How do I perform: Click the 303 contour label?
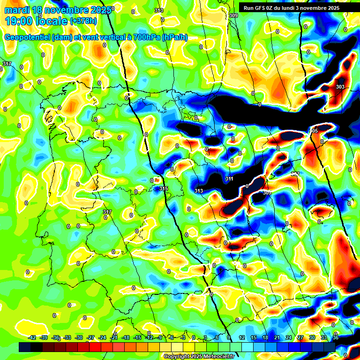coord(340,87)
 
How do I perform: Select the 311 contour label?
coord(229,179)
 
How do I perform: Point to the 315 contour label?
coord(164,188)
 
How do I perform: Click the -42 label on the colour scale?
coord(32,337)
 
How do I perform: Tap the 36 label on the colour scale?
coord(336,337)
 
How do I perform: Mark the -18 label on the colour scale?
coord(126,337)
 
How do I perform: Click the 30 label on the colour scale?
coord(312,337)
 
